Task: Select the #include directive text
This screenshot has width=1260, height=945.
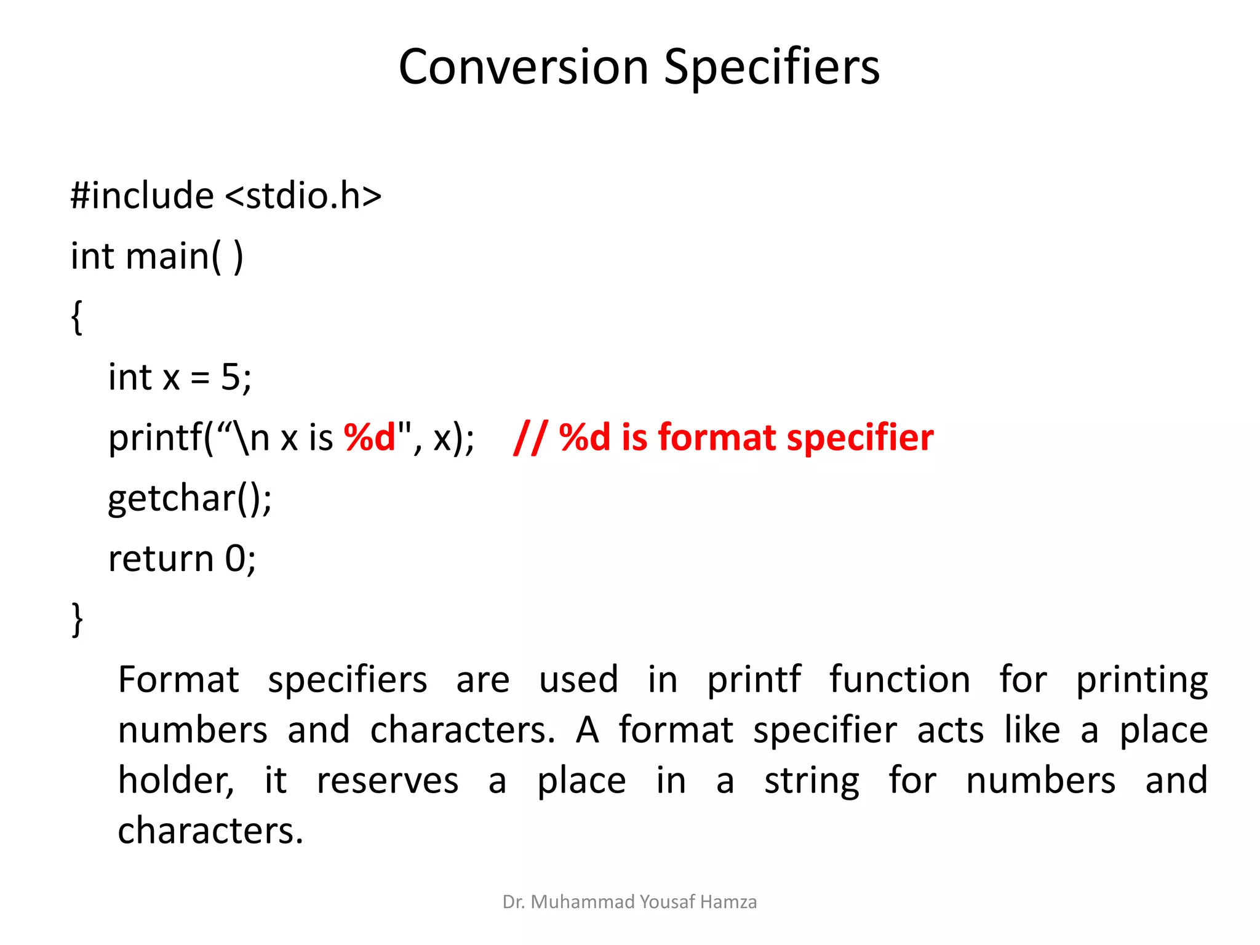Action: pos(142,196)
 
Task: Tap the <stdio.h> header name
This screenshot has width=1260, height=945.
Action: pos(303,196)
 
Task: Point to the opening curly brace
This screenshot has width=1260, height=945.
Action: pos(77,317)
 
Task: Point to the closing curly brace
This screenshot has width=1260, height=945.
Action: pos(77,619)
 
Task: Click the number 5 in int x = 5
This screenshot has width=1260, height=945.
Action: pos(231,377)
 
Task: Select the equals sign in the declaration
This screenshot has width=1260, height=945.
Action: pos(200,378)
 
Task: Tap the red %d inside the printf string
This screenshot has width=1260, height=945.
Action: pos(370,437)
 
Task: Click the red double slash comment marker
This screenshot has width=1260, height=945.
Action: pos(530,437)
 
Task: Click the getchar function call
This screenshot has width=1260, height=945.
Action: pos(189,498)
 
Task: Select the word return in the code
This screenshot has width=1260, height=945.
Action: pos(161,559)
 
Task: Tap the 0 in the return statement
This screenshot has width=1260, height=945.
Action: pos(235,559)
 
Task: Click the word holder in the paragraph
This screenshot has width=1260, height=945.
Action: pos(175,781)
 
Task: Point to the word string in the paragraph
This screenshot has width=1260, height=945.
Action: pos(811,781)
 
